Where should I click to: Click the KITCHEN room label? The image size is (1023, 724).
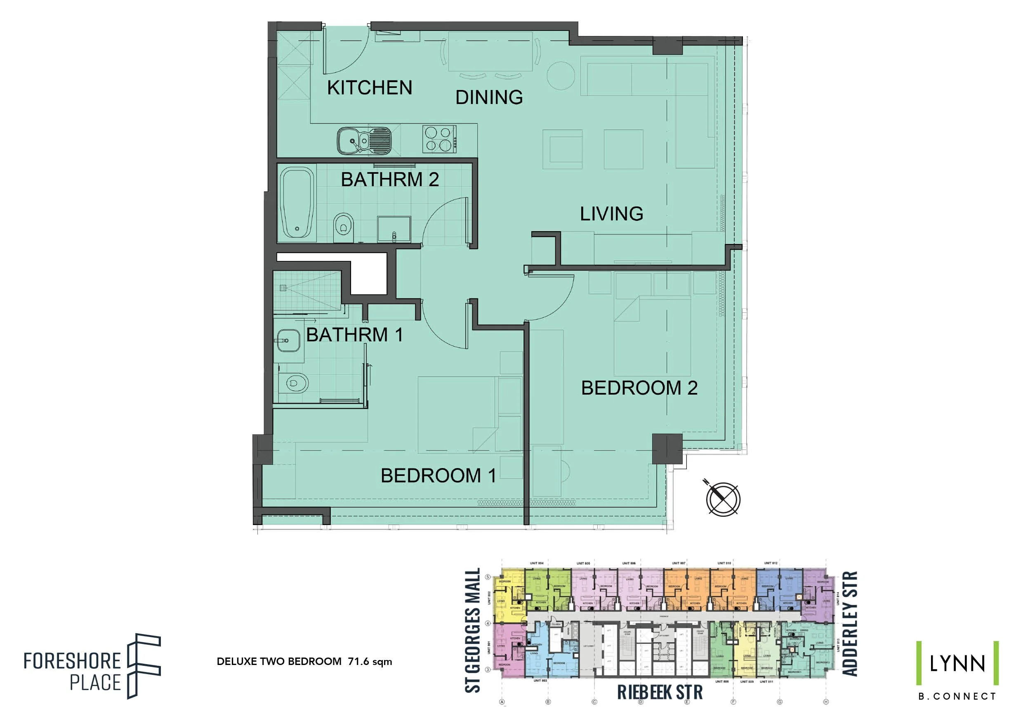[369, 88]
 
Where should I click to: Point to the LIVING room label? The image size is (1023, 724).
[611, 214]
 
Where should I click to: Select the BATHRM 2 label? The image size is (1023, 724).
[390, 180]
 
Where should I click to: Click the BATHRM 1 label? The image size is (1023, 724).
[355, 335]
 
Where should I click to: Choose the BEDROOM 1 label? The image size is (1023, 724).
[438, 476]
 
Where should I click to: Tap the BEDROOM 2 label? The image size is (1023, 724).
[639, 388]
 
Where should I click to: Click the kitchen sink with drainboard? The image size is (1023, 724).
[364, 141]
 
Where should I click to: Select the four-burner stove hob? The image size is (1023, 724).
[439, 139]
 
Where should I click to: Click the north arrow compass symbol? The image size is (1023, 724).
[723, 499]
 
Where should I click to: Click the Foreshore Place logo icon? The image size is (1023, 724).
[144, 666]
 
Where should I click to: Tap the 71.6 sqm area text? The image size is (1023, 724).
[370, 662]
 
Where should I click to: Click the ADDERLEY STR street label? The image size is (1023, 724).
[849, 624]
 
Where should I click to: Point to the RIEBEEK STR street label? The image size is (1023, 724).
[660, 692]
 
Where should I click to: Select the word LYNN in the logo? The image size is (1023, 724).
[957, 664]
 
